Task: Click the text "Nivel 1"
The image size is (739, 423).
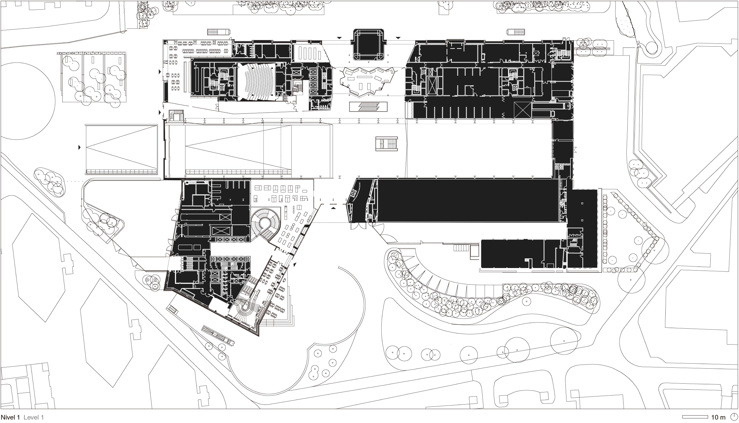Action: (x=10, y=417)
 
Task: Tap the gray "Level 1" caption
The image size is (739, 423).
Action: (x=34, y=417)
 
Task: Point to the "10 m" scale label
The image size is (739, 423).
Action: (x=718, y=417)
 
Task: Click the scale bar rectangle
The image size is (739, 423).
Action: (x=695, y=417)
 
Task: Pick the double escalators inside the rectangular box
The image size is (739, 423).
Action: (x=368, y=107)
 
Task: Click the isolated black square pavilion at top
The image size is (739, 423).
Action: (x=369, y=45)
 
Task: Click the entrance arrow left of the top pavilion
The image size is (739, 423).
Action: (x=340, y=38)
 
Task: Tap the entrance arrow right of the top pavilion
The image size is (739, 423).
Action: (x=398, y=38)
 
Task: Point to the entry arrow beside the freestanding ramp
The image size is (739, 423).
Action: (x=80, y=147)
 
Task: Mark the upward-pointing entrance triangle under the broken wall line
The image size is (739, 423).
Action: (x=334, y=207)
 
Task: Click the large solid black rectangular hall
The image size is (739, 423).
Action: (x=467, y=201)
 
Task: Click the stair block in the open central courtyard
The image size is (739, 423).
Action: (x=387, y=144)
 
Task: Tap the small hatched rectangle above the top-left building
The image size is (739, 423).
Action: (x=219, y=32)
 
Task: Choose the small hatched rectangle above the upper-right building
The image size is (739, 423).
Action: (x=516, y=32)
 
